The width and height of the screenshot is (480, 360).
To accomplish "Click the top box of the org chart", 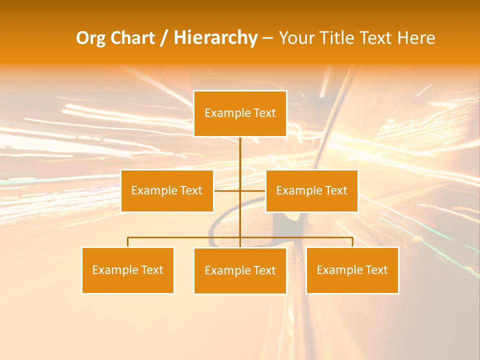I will pyautogui.click(x=240, y=113).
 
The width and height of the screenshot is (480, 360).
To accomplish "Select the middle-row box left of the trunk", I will pyautogui.click(x=167, y=191).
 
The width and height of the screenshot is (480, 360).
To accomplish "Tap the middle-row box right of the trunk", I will pyautogui.click(x=311, y=191).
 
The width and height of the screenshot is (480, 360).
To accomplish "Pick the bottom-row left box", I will pyautogui.click(x=128, y=270).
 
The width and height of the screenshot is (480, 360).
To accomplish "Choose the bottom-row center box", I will pyautogui.click(x=240, y=271).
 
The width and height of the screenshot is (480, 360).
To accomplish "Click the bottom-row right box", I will pyautogui.click(x=352, y=270).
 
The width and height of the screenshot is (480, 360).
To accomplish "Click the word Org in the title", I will pyautogui.click(x=91, y=38).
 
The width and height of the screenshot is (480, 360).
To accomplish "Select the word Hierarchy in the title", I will pyautogui.click(x=215, y=38).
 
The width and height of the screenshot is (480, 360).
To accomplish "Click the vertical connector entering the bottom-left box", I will pyautogui.click(x=128, y=242).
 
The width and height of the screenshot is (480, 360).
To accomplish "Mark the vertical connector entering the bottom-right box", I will pyautogui.click(x=352, y=242).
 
